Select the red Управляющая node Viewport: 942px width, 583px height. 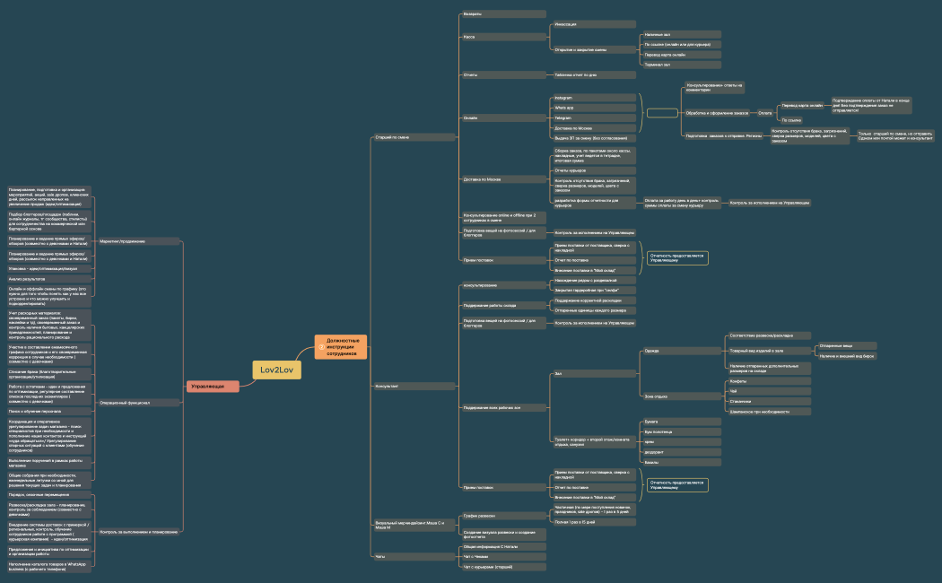pos(213,386)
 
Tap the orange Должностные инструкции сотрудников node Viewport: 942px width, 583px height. pos(341,347)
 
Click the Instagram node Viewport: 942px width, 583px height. pos(592,97)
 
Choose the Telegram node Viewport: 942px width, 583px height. pos(592,117)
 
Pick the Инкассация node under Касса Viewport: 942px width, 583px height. pos(592,24)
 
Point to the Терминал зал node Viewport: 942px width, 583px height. pos(681,65)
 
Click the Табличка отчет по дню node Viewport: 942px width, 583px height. pos(592,74)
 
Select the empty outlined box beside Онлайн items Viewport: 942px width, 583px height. pos(662,113)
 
